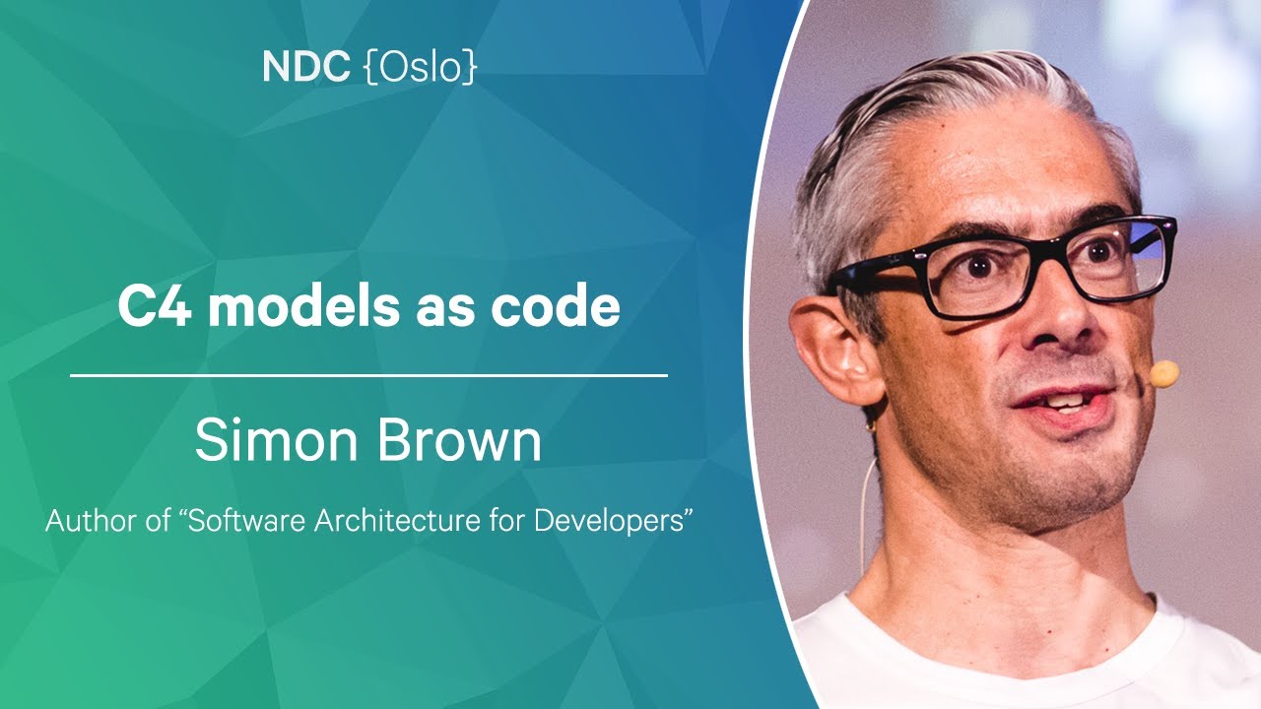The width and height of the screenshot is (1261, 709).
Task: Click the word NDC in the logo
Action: (x=306, y=67)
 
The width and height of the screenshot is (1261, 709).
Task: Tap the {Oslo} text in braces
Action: (x=421, y=67)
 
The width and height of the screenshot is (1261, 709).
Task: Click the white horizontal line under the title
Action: (x=368, y=375)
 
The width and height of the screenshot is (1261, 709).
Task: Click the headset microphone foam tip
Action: (x=1163, y=373)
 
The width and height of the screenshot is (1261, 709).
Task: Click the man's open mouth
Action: (x=1058, y=400)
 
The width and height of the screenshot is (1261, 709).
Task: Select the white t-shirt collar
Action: (x=985, y=630)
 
